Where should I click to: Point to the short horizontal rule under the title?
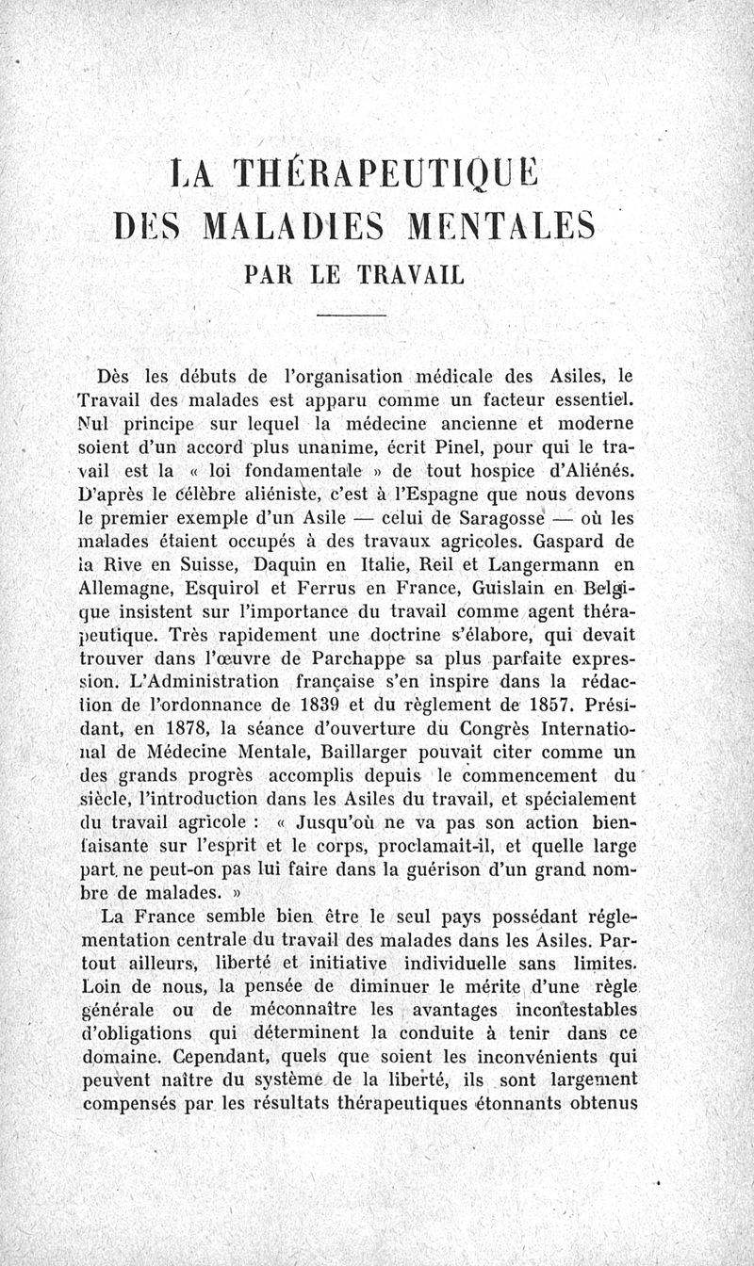(351, 315)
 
